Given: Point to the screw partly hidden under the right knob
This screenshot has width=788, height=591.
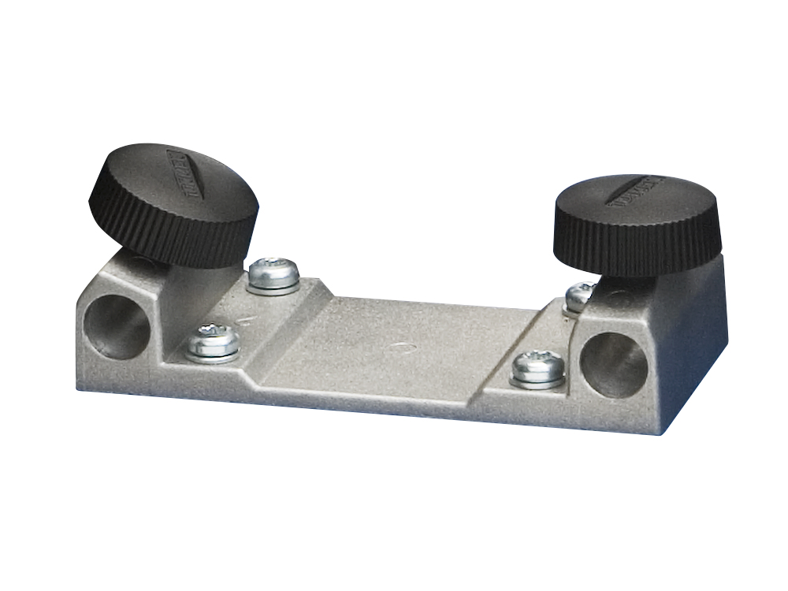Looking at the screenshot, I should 580,295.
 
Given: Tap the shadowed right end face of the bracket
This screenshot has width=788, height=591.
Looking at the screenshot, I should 693,347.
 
